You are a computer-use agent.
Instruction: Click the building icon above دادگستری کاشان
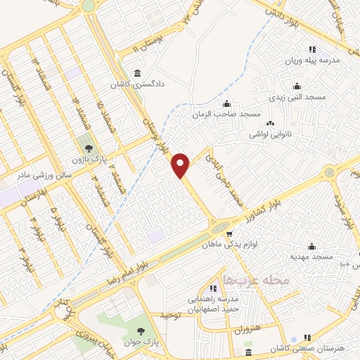pos(136,74)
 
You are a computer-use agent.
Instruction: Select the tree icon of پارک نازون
pos(89,148)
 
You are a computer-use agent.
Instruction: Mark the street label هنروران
pos(245,329)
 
